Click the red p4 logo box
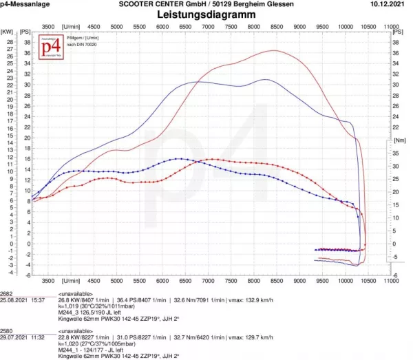(47, 47)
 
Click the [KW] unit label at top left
(8, 32)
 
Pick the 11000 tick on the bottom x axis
(391, 281)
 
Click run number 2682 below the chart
(7, 293)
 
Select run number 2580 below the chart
(7, 331)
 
